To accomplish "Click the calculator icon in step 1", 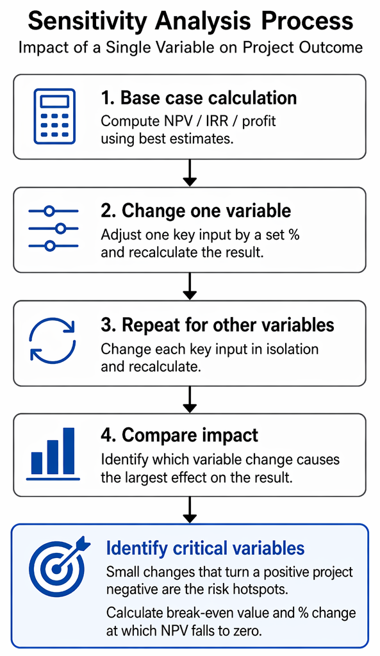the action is tap(54, 117).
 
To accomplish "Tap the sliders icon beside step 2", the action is tap(54, 229).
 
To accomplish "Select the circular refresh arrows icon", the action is tap(53, 340).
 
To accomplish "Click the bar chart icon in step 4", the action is tap(53, 454).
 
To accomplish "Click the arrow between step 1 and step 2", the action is tap(190, 173).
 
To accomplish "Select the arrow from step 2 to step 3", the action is tap(190, 286).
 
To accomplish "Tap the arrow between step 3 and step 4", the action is tap(190, 400).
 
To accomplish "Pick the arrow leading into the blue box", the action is tap(190, 510).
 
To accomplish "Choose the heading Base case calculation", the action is tap(199, 98).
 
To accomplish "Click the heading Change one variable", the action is tap(196, 210).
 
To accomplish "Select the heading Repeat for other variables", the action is tap(218, 325).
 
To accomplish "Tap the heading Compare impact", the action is tap(179, 436).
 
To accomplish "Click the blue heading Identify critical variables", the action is tap(206, 548).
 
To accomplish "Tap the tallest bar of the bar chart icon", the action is tap(69, 451).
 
